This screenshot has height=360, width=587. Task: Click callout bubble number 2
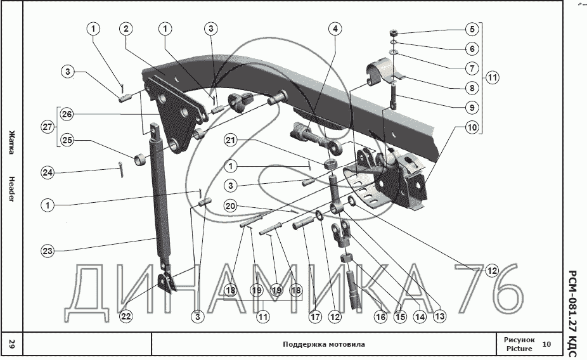pos(127,29)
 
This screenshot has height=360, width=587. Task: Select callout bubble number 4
pos(335,29)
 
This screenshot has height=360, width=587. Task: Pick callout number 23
pos(48,251)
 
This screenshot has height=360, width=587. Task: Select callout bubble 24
pos(48,172)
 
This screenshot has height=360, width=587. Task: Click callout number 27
pos(48,127)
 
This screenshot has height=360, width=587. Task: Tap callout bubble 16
pos(380,315)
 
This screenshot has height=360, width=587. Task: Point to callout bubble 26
pos(67,115)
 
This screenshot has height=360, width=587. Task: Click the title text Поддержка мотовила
pos(323,345)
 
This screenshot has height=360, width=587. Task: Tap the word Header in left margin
pos(11,188)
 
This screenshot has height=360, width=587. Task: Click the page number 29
pos(11,345)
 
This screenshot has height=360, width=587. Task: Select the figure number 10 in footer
pos(547,344)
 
